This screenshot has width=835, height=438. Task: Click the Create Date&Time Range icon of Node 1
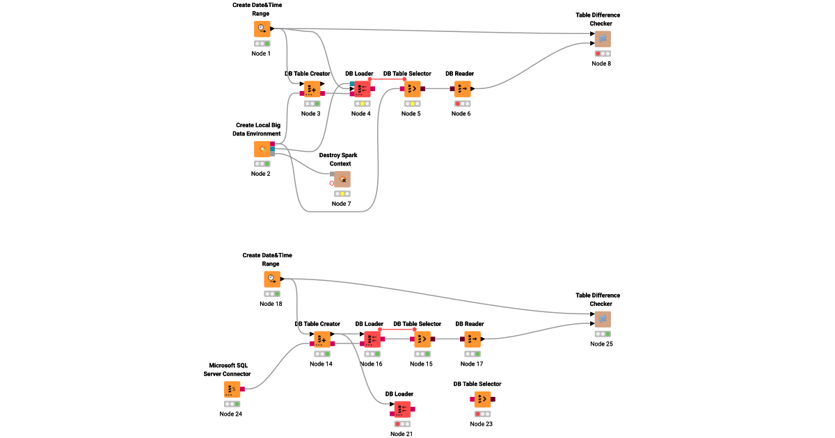coord(262,29)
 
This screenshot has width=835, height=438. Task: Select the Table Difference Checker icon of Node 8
coord(603,39)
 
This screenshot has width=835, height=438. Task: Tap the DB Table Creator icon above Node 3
coord(312,89)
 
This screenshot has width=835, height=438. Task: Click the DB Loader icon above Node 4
coord(362,89)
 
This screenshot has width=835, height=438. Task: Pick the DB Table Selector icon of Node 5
coord(412,89)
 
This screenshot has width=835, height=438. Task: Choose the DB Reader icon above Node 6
coord(462,89)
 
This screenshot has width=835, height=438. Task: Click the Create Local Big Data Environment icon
coord(262,149)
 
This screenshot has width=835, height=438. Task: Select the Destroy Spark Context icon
coord(342,179)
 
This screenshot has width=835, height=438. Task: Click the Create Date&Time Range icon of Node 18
coord(272,279)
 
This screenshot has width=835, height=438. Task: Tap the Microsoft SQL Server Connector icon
coord(232,389)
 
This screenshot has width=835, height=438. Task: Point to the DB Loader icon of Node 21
coord(402,409)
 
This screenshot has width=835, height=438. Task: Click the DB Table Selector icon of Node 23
coord(482,399)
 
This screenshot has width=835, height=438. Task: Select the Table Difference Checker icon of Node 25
coord(603,319)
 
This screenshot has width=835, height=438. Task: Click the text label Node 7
coord(341,204)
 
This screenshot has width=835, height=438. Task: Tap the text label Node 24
coord(231,414)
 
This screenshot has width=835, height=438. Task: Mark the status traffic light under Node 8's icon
coord(603,54)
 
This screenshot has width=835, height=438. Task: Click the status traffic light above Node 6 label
coord(462,104)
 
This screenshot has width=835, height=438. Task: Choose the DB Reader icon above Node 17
coord(472,339)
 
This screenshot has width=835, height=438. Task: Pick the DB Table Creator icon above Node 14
coord(322,339)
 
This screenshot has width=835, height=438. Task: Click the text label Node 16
coord(371,364)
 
